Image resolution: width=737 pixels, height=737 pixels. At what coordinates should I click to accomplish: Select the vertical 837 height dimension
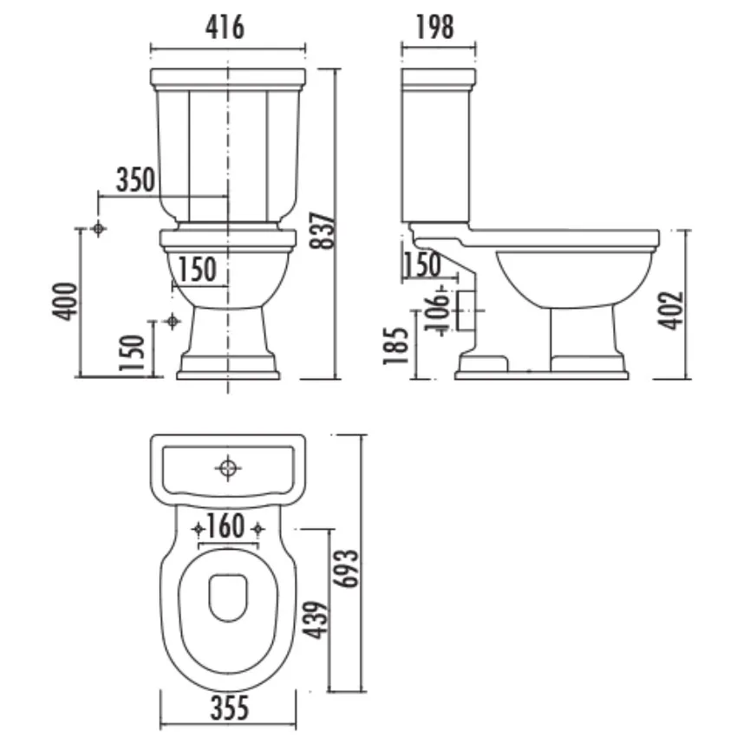[x=323, y=231]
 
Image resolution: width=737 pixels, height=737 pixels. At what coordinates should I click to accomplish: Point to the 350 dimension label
[x=135, y=179]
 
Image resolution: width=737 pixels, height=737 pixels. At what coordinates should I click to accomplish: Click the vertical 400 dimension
[x=64, y=301]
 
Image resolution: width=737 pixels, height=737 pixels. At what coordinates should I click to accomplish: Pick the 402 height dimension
[x=671, y=310]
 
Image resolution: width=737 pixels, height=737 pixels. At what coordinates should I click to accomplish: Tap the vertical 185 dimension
[x=395, y=345]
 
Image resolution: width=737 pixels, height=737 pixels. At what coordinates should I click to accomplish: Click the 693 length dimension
[x=345, y=568]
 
